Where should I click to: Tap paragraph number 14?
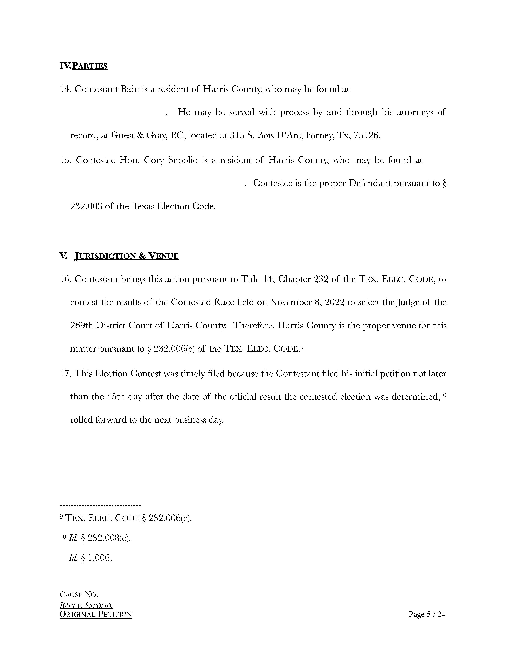pyautogui.click(x=65, y=89)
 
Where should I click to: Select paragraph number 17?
pyautogui.click(x=65, y=374)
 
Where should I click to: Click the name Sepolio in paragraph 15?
pyautogui.click(x=183, y=160)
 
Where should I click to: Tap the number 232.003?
pyautogui.click(x=86, y=207)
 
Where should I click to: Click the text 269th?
pyautogui.click(x=82, y=326)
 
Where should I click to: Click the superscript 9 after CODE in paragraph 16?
pyautogui.click(x=302, y=347)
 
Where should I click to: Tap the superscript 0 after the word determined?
pyautogui.click(x=444, y=395)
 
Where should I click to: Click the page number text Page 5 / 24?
pyautogui.click(x=427, y=615)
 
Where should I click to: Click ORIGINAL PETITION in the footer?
pyautogui.click(x=96, y=615)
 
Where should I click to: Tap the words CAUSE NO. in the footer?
pyautogui.click(x=79, y=594)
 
